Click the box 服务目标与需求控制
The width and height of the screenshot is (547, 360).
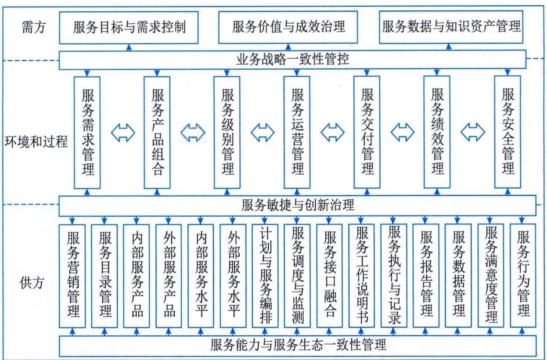coord(129,28)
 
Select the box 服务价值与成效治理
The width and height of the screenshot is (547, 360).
coord(288,27)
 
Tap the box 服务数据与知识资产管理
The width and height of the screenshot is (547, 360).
coord(451,27)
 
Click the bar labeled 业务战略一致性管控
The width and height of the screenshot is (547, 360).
coord(292,60)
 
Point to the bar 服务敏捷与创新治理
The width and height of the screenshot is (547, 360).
coord(298,205)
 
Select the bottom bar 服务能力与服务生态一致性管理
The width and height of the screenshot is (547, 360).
coord(298,346)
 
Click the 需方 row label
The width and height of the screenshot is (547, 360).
coord(34,27)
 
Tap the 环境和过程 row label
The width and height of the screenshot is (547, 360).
coord(36,142)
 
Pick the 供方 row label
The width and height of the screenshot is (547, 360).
coord(32,283)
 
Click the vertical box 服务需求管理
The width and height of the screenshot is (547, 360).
coord(87,133)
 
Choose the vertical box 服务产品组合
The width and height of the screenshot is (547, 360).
coord(157,133)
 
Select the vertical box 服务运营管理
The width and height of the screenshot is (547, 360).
coord(297,132)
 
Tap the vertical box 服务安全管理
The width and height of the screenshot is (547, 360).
coord(507,132)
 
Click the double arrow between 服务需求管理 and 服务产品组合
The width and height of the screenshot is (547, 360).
coord(123,133)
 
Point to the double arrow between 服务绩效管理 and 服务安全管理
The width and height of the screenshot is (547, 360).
coord(473,132)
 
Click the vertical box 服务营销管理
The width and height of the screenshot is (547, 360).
coord(72,276)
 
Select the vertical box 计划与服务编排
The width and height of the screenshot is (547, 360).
coord(265,276)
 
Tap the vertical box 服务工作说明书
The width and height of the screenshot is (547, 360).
coord(361,276)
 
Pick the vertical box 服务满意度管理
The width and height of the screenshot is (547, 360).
coord(491,276)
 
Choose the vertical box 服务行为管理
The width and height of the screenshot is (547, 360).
coord(523,276)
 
